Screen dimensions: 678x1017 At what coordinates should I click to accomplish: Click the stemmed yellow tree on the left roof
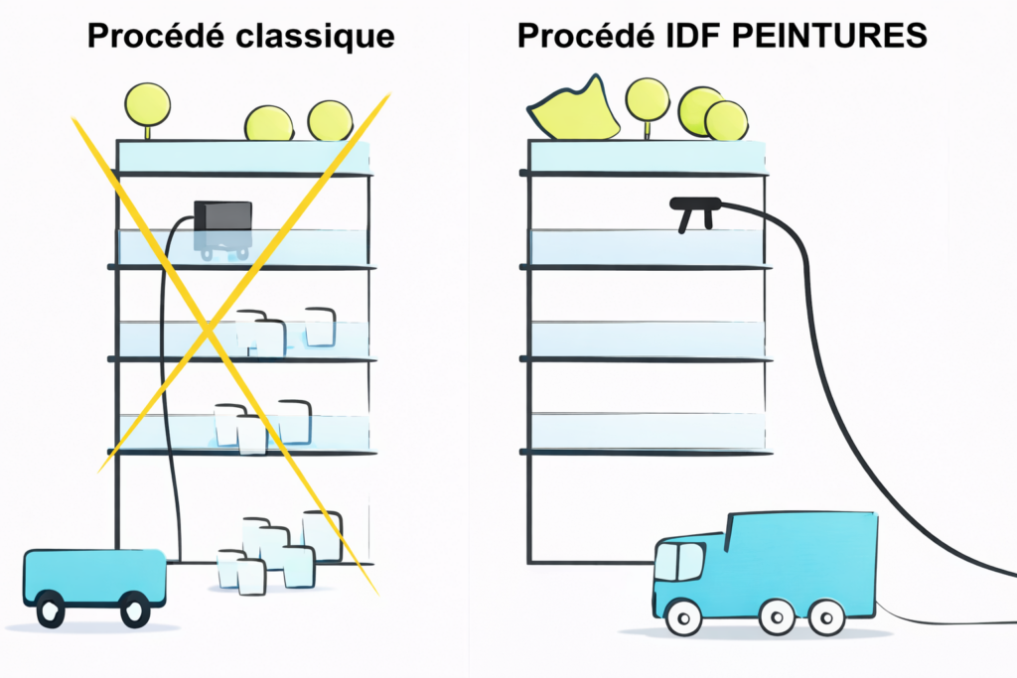148,104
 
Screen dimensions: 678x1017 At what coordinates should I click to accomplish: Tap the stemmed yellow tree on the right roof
648,100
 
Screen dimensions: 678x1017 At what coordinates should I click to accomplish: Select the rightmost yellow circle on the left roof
330,120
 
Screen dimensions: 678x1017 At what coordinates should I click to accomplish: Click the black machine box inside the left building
222,215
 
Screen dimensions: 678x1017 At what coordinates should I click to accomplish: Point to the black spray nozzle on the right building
694,207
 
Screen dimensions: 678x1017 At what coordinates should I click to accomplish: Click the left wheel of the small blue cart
51,610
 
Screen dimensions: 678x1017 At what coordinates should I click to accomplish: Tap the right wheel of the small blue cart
135,610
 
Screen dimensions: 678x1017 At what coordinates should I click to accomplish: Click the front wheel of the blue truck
682,617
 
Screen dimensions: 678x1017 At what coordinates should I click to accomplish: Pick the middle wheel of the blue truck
778,617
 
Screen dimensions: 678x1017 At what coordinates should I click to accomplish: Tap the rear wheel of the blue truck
826,617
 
